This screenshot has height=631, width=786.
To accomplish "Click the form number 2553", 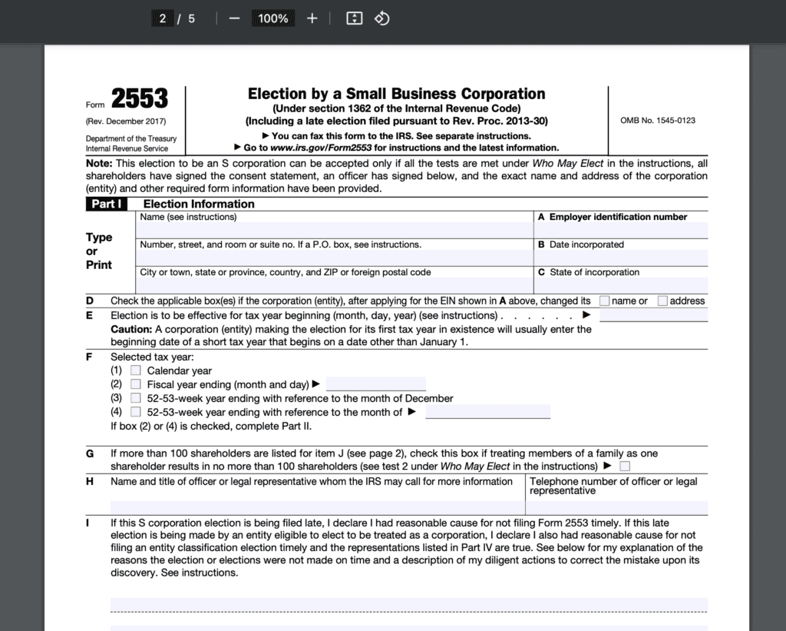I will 139,98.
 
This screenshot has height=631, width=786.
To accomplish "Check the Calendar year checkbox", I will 136,370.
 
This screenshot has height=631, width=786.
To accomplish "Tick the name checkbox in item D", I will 605,301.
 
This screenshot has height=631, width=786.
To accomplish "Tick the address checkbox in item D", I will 662,301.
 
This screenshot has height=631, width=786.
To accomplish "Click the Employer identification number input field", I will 620,230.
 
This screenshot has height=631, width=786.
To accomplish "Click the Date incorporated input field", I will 620,257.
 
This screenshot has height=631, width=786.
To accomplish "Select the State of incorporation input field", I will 620,284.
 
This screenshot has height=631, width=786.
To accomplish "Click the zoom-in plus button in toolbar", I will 312,18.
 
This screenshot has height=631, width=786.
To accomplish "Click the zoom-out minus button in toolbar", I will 234,18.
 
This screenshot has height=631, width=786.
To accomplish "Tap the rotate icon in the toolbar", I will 382,18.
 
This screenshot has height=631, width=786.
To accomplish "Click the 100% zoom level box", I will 273,18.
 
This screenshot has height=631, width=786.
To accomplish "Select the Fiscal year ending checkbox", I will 136,384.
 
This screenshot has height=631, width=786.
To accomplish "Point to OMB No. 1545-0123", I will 658,121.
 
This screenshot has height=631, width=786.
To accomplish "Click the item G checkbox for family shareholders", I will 626,466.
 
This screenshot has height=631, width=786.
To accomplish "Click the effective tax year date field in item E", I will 653,315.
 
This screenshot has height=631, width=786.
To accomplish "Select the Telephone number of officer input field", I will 616,507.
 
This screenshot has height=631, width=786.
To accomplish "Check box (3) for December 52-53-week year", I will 136,398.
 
